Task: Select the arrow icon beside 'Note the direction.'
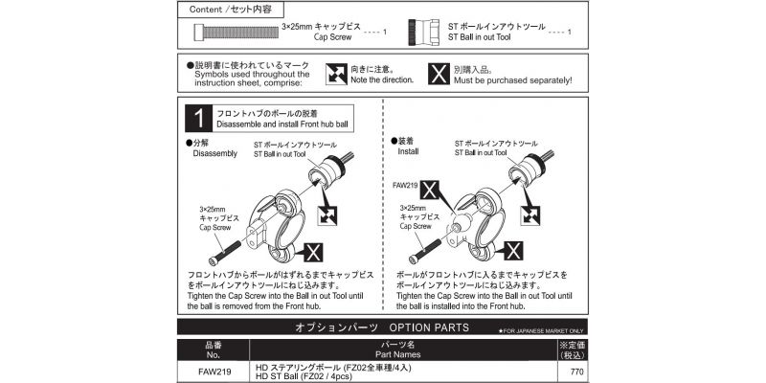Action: tap(336, 74)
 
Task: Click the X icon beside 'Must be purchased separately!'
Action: tap(437, 74)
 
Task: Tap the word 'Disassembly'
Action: tap(214, 153)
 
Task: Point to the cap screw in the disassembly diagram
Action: tap(219, 252)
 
